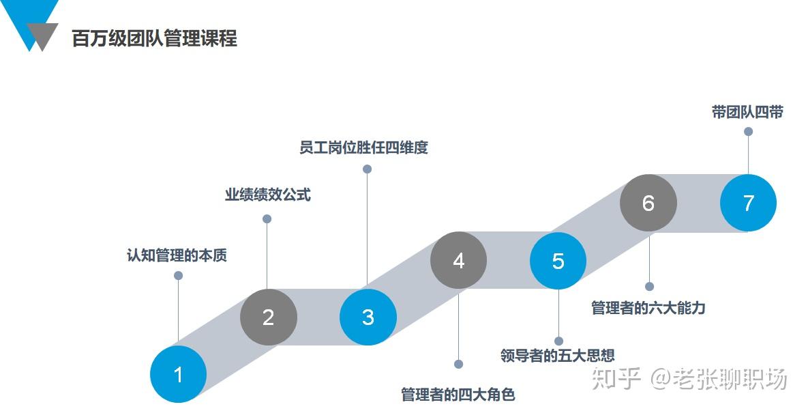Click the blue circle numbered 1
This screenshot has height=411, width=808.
pyautogui.click(x=178, y=374)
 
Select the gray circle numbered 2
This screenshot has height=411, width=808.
pyautogui.click(x=269, y=317)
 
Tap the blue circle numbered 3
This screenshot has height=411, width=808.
pyautogui.click(x=368, y=317)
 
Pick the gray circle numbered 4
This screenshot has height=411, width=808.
pyautogui.click(x=459, y=260)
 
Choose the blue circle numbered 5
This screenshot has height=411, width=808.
pyautogui.click(x=558, y=260)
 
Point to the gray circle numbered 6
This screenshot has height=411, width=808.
pyautogui.click(x=648, y=203)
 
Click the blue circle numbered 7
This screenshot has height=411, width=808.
pyautogui.click(x=748, y=203)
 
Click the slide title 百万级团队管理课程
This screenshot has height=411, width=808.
pyautogui.click(x=155, y=39)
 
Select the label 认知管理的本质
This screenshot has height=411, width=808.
pyautogui.click(x=177, y=255)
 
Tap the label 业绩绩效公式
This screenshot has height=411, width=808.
pyautogui.click(x=268, y=195)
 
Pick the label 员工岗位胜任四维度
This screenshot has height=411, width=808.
pyautogui.click(x=364, y=147)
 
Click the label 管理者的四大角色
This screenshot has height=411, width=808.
pyautogui.click(x=458, y=395)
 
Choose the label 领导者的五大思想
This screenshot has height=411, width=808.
pyautogui.click(x=558, y=355)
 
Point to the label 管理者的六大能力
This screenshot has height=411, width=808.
pyautogui.click(x=648, y=308)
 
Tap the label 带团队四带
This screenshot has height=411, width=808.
pyautogui.click(x=748, y=112)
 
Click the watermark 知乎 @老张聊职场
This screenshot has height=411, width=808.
pyautogui.click(x=689, y=378)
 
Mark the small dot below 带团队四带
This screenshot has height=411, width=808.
pyautogui.click(x=748, y=132)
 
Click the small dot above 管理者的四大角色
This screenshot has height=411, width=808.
pyautogui.click(x=459, y=364)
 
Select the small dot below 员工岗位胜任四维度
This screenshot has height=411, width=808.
pyautogui.click(x=368, y=169)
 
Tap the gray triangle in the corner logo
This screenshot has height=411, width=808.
pyautogui.click(x=42, y=34)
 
